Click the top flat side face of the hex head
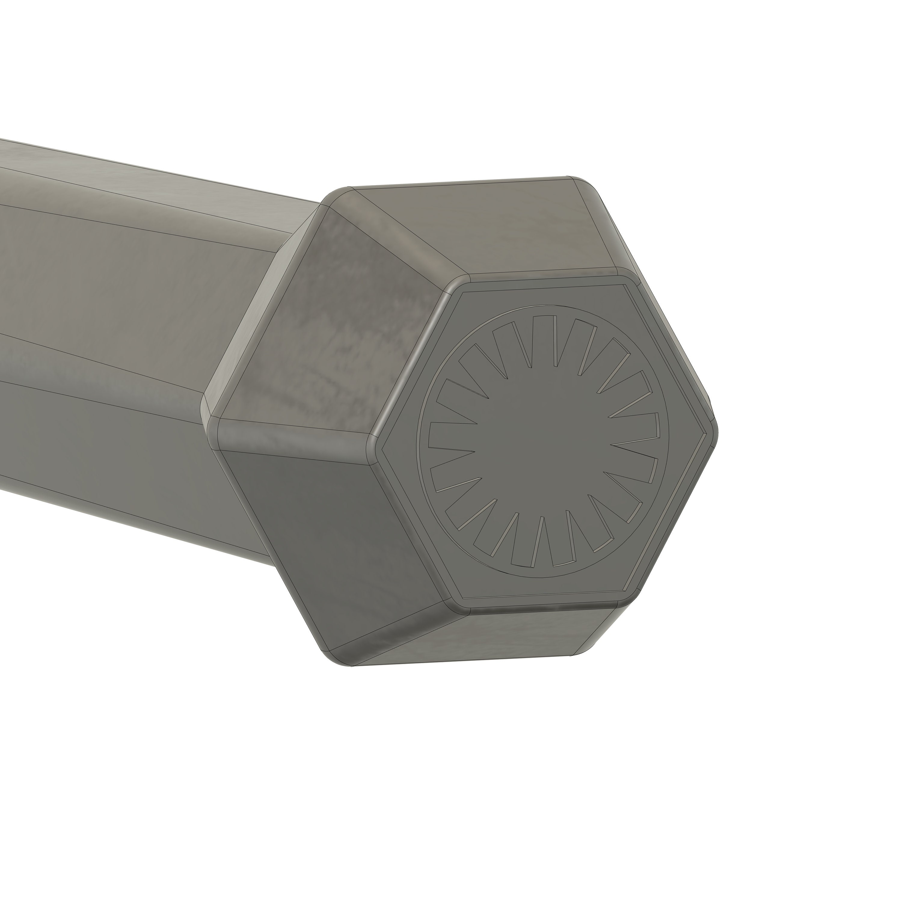click(x=486, y=229)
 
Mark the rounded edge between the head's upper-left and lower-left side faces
click(x=294, y=430)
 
